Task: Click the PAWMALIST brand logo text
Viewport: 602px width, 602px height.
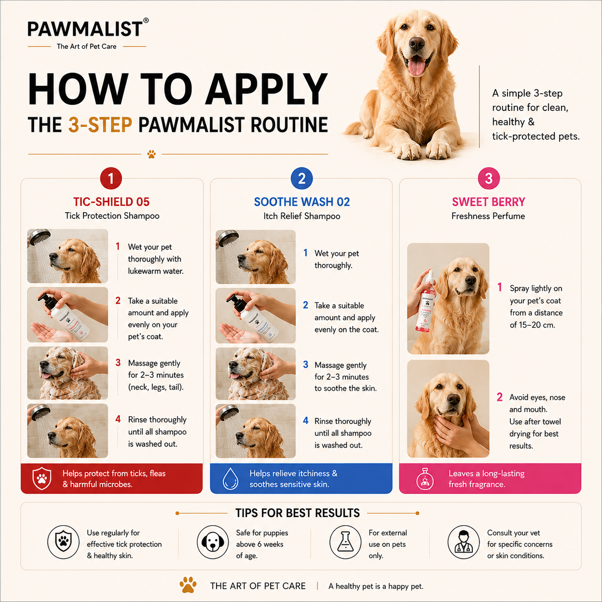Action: [x=85, y=29]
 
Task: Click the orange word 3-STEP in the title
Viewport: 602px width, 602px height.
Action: [x=100, y=125]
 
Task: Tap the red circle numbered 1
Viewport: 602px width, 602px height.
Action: [x=111, y=179]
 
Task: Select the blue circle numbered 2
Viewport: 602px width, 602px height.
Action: [x=301, y=179]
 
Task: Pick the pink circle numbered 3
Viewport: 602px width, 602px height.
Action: [x=489, y=179]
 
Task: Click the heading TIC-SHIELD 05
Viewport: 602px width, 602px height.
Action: [x=111, y=202]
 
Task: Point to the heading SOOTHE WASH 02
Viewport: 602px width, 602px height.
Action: [x=302, y=202]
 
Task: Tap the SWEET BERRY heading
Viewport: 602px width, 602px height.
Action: [x=489, y=202]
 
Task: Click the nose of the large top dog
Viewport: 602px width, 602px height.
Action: [x=417, y=43]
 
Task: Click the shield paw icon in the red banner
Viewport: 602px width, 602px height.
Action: [x=42, y=478]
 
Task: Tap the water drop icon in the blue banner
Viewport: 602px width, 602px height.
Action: [x=230, y=478]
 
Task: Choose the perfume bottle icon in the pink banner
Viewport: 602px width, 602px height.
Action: [x=425, y=479]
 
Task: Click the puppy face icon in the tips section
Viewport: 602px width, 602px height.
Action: [x=213, y=542]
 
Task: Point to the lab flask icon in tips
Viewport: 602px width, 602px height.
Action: [x=346, y=542]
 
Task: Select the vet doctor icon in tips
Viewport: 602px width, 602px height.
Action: [x=463, y=542]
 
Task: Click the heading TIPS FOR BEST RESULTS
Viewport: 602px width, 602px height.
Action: [x=298, y=513]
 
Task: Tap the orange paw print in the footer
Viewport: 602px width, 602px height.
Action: [x=188, y=585]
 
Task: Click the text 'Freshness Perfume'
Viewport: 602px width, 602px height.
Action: [x=488, y=216]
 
